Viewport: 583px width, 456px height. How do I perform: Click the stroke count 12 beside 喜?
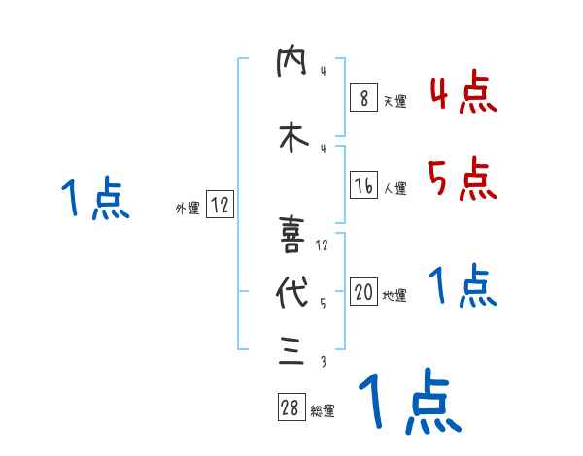323,244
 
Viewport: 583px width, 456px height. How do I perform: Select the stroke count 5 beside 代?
322,303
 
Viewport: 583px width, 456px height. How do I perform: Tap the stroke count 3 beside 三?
322,362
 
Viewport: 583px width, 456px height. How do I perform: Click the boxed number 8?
363,99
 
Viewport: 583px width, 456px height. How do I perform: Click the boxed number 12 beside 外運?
220,206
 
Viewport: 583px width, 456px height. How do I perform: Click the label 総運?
322,411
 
